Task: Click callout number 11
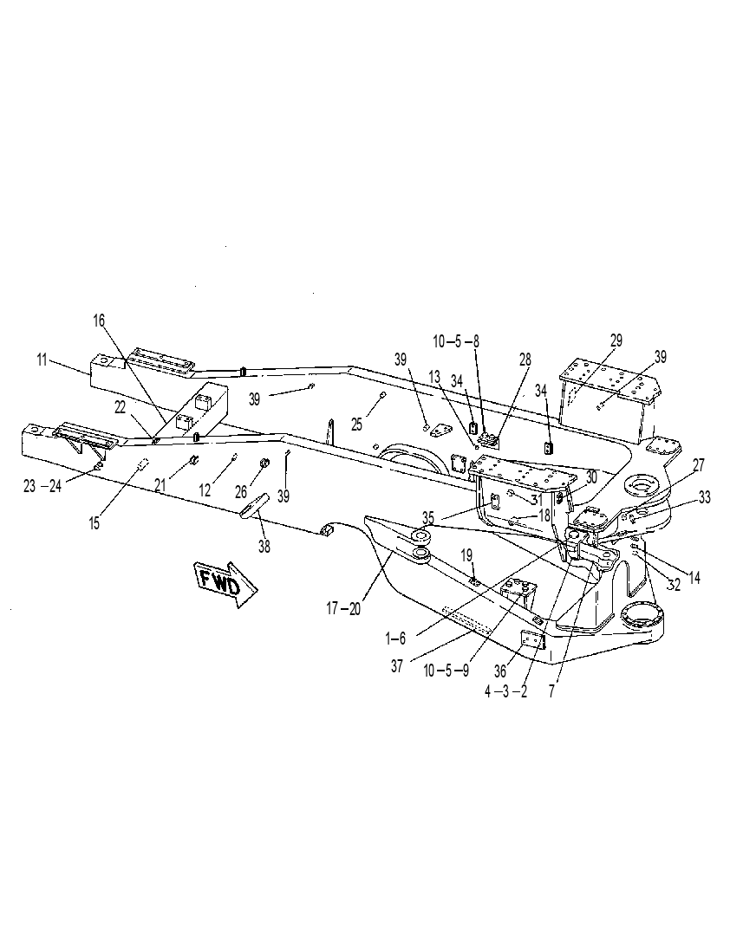[x=42, y=361]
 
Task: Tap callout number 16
[x=99, y=321]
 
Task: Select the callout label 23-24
[x=42, y=486]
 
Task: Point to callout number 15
[x=95, y=523]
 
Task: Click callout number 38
[x=264, y=546]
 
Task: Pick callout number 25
[x=357, y=425]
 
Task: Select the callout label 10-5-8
[x=457, y=341]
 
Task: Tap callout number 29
[x=616, y=340]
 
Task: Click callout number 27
[x=699, y=464]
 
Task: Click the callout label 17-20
[x=343, y=608]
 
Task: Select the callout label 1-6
[x=396, y=639]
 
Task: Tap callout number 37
[x=397, y=666]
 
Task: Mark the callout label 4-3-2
[x=506, y=691]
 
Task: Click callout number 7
[x=551, y=691]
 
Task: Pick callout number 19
[x=467, y=555]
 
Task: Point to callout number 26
[x=240, y=491]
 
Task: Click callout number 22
[x=121, y=407]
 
